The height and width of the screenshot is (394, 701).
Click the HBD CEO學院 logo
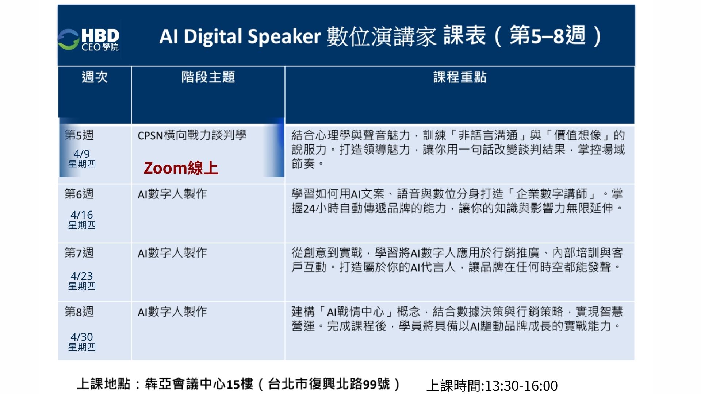click(x=89, y=39)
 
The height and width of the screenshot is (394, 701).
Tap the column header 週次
click(x=95, y=77)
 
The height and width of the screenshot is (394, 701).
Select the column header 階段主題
click(x=208, y=77)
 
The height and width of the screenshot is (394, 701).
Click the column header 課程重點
click(x=460, y=77)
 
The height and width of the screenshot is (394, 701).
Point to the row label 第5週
click(x=79, y=135)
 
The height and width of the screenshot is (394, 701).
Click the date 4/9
click(x=82, y=154)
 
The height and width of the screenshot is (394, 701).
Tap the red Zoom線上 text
click(x=181, y=168)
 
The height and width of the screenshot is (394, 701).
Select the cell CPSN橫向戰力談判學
click(x=192, y=135)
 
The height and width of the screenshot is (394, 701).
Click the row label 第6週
click(x=79, y=194)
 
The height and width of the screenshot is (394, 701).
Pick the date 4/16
click(x=82, y=215)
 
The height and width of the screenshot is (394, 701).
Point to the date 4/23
click(x=82, y=276)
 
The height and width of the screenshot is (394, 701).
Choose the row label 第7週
click(x=79, y=252)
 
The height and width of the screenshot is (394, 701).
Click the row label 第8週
click(x=79, y=312)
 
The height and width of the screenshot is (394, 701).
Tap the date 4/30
click(x=82, y=337)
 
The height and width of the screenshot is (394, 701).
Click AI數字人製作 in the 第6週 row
click(x=172, y=194)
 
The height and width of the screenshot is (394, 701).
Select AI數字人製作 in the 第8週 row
click(x=172, y=312)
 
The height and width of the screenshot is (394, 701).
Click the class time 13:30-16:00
click(x=521, y=386)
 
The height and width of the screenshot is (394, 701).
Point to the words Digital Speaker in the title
click(x=252, y=37)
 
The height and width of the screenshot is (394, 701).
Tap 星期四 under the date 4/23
click(x=82, y=286)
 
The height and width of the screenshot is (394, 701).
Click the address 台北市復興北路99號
click(x=329, y=384)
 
